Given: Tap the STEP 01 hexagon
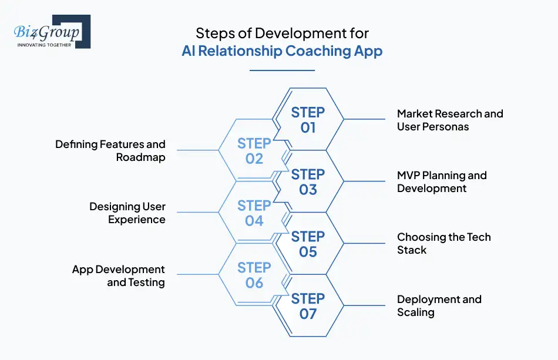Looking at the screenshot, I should pos(308,120).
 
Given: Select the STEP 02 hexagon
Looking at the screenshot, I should pos(254,151).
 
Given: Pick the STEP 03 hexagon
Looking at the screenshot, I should pos(308,182).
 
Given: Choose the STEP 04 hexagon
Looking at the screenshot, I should pos(254,213).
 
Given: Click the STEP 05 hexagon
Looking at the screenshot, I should pos(308,244).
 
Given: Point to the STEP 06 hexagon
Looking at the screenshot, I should pos(254,275).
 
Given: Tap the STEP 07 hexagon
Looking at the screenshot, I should pos(308,307).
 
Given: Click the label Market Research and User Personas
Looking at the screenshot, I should pos(450,120).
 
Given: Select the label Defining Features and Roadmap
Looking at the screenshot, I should pos(110,151).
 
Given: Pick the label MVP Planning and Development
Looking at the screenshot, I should pos(442,182).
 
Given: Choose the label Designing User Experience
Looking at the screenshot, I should pos(127,213).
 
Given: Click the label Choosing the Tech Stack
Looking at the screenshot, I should pos(443,244).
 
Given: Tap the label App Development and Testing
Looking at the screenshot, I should pos(119,275).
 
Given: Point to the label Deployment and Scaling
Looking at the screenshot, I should pos(439,306).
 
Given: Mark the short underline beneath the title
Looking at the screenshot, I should pos(283,70).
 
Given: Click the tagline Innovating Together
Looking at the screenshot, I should pos(45,45).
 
